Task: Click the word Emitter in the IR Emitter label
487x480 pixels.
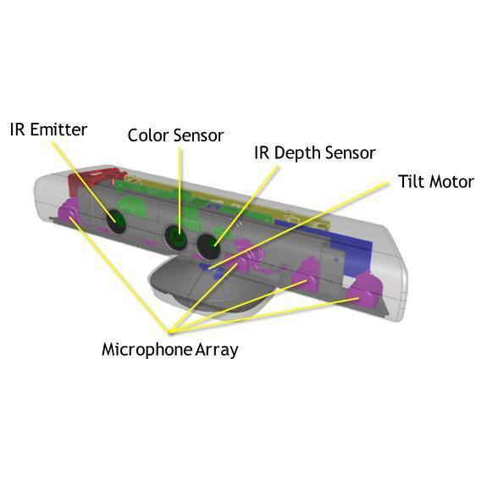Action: click(x=58, y=130)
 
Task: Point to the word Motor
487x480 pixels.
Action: click(x=450, y=182)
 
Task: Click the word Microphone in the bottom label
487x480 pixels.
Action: click(x=147, y=350)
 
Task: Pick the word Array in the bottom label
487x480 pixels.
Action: click(x=217, y=350)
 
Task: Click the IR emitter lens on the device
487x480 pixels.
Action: click(x=115, y=221)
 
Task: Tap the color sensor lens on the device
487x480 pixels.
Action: click(x=176, y=238)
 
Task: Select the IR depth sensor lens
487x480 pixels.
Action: click(x=208, y=246)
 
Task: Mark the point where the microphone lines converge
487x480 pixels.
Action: click(x=169, y=332)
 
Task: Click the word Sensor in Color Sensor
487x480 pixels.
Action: click(x=199, y=135)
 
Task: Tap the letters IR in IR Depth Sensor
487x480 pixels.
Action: click(x=262, y=152)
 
